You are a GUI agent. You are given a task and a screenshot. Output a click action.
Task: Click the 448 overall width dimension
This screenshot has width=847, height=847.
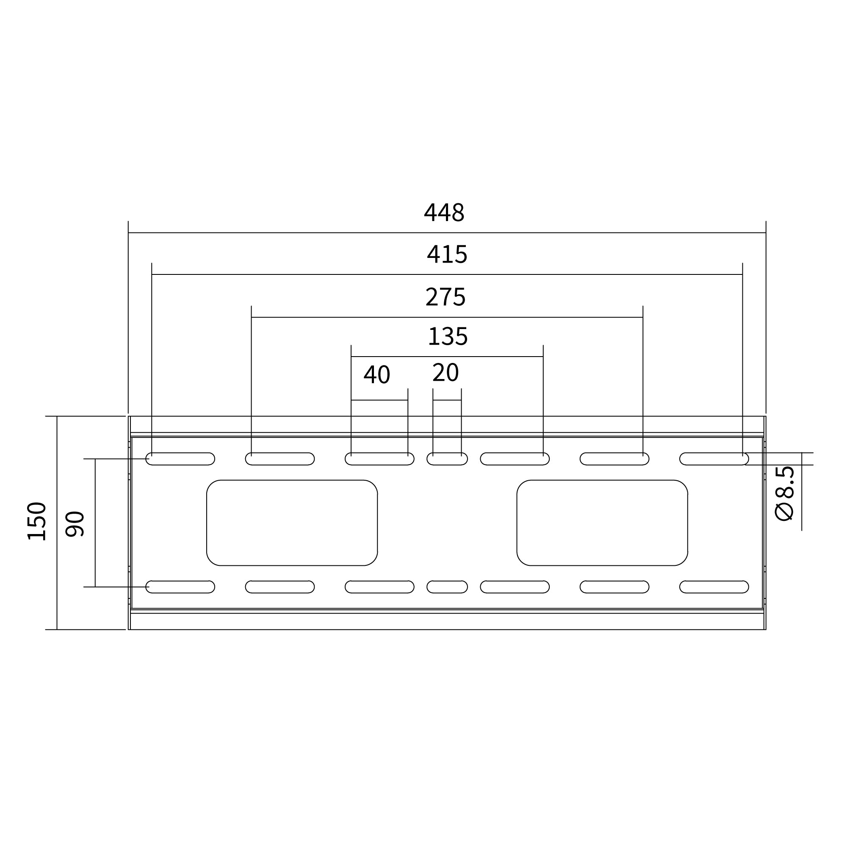[444, 213]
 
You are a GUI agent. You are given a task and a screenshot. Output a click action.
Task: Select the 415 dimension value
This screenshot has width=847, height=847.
[447, 254]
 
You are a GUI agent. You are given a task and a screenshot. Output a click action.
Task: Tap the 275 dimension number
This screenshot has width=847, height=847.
[445, 297]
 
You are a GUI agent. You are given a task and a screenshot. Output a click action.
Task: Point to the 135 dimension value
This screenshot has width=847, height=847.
[448, 336]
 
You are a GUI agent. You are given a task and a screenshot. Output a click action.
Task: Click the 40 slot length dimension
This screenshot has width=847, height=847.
[376, 374]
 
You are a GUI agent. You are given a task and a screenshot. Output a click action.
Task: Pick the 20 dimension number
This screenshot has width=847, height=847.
[445, 373]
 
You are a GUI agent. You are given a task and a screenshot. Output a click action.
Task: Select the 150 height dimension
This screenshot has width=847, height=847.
[37, 521]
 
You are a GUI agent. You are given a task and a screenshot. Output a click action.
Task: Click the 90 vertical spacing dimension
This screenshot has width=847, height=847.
[75, 524]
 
